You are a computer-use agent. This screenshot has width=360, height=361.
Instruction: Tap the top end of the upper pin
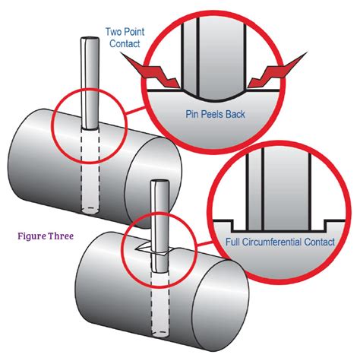88,40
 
